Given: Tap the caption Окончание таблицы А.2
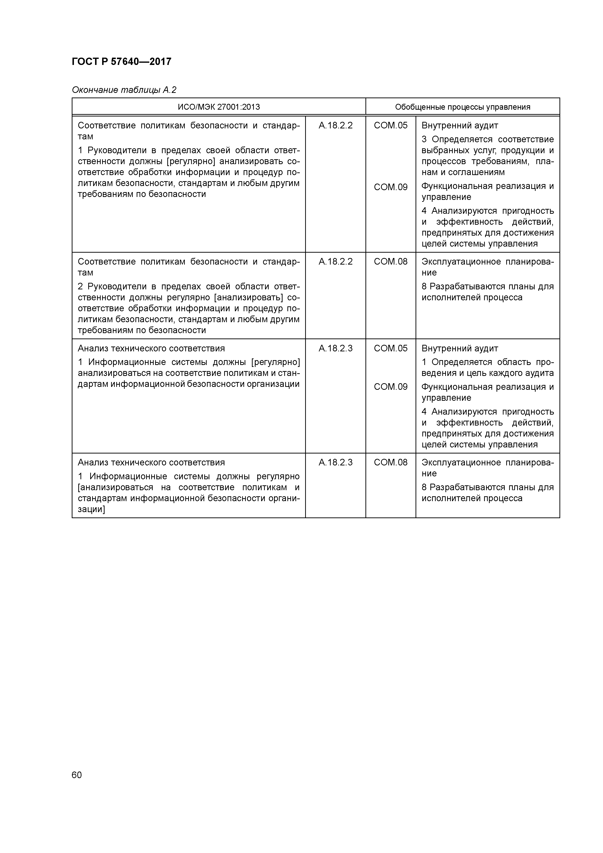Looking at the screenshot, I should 124,90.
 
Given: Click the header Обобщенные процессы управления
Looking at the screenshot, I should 462,107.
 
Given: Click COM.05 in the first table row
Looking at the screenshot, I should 390,125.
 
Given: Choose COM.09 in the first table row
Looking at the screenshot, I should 390,187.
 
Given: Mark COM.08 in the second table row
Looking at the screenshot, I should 390,262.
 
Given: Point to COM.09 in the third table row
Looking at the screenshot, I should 390,387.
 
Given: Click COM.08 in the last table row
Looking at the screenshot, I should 390,462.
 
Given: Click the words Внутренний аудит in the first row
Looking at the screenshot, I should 459,125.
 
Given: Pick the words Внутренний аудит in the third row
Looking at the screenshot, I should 459,348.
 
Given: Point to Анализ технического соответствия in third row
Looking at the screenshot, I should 151,348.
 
